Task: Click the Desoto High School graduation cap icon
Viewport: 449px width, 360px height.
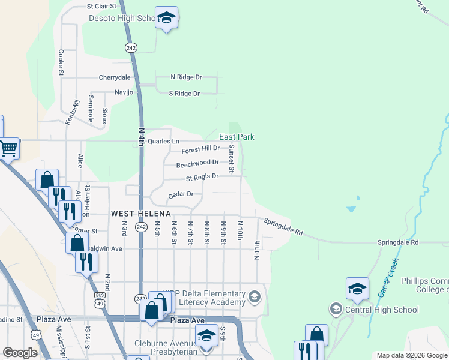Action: click(x=167, y=18)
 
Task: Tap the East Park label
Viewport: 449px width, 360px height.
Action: click(x=237, y=137)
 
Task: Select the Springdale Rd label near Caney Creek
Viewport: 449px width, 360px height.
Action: click(x=397, y=242)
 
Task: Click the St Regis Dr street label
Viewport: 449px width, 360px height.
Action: click(x=202, y=177)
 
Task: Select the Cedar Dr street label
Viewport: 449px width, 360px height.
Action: click(x=181, y=194)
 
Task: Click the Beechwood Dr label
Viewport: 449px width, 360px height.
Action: click(x=197, y=163)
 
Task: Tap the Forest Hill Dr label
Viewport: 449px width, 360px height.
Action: click(x=200, y=148)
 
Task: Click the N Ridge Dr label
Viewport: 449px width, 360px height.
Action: click(x=186, y=77)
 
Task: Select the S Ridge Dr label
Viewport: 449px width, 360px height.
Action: click(x=184, y=94)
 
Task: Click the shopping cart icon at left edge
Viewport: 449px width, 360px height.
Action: click(x=8, y=148)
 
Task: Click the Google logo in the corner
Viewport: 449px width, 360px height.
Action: click(x=20, y=353)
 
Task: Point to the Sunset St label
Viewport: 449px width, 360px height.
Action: click(x=230, y=159)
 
